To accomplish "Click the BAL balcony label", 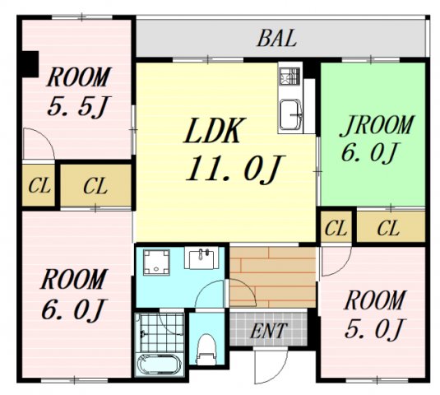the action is coord(276,39).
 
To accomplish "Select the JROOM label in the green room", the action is coord(376,125).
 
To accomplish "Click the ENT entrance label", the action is coord(269,331).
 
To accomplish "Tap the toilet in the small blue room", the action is coord(206,349).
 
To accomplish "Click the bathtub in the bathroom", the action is coord(160,365).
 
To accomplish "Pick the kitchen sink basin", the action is coord(290,114).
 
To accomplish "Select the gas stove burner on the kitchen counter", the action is coord(289,76).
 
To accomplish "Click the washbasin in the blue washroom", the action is coord(201,258).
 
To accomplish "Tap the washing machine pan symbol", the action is coord(156,262).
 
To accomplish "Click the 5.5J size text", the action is coord(79,106).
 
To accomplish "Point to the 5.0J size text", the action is coord(375,328).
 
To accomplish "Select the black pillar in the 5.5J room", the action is coord(30,63).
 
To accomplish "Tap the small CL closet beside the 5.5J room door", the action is coord(39,185).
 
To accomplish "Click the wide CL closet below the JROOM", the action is coord(391,227).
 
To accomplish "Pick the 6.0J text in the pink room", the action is coord(74,309).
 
